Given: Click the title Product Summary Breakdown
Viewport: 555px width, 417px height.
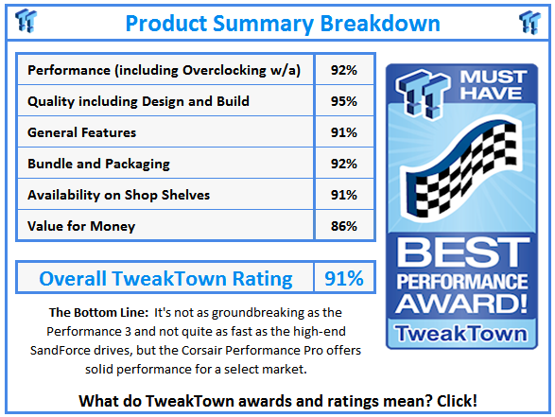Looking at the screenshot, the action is click(283, 24).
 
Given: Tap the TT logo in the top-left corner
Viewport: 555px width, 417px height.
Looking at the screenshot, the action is click(26, 21).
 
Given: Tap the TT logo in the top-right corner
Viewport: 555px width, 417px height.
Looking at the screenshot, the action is click(529, 23).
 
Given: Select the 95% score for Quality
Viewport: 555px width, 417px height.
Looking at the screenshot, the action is click(344, 101).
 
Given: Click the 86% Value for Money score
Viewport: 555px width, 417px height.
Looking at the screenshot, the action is click(344, 226).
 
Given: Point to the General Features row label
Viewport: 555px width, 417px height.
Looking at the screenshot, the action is click(81, 132).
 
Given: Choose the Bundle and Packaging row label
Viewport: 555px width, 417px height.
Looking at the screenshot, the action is click(98, 164).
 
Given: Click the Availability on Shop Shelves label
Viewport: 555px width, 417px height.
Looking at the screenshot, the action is click(118, 195).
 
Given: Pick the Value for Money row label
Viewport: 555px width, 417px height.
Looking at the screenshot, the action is click(81, 226).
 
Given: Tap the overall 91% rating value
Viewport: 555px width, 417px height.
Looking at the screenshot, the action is click(344, 278).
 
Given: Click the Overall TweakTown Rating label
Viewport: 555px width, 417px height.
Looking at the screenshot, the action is click(165, 278).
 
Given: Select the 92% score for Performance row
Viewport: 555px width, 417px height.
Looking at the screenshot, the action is click(344, 70).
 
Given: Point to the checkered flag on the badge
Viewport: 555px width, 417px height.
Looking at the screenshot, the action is click(461, 169).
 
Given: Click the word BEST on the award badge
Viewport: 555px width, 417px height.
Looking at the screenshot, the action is click(462, 252).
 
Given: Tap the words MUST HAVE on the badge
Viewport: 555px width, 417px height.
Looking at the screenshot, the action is click(494, 85).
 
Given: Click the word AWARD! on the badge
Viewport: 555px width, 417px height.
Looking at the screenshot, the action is click(461, 304).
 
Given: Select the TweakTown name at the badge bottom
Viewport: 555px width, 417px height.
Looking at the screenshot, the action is click(461, 333).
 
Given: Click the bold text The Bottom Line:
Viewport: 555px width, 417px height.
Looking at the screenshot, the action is click(98, 313).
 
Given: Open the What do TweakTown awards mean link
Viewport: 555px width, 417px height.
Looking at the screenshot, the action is click(278, 401).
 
